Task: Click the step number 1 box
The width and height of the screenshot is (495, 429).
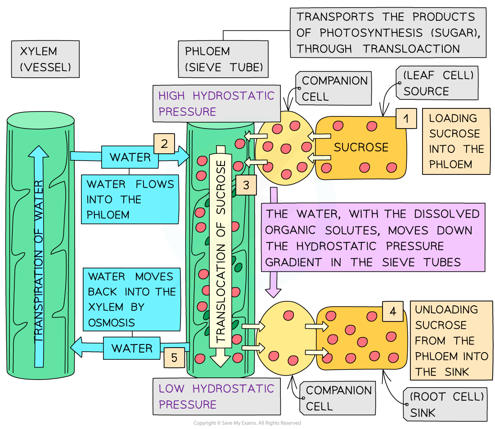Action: tap(406, 119)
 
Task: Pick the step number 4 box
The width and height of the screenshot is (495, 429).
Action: tap(393, 311)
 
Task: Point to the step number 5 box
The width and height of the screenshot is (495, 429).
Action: tap(174, 357)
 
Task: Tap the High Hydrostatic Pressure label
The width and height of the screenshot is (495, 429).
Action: tap(216, 103)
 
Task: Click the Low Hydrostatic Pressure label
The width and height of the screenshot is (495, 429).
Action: tap(216, 396)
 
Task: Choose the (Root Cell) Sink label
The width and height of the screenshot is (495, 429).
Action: tap(446, 404)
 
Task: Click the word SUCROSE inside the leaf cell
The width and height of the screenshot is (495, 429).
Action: tap(361, 147)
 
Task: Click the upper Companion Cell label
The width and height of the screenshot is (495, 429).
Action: tap(334, 88)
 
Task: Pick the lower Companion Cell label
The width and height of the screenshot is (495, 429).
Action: tap(339, 398)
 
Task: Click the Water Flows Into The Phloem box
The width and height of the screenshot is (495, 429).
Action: tap(130, 199)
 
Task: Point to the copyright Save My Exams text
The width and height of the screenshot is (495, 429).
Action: tap(247, 423)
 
